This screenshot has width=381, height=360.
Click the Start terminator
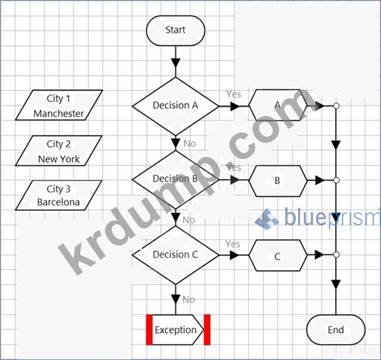[175, 30]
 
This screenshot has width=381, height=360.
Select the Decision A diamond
[175, 105]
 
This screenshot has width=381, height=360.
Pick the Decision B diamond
[175, 179]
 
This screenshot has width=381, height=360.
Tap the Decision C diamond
[175, 254]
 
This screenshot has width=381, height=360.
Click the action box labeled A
[278, 105]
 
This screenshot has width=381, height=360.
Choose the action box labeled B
[278, 181]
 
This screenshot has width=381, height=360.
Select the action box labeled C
[278, 256]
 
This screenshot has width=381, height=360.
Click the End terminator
[336, 330]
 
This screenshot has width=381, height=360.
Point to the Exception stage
[176, 330]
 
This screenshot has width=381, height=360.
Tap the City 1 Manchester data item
[59, 106]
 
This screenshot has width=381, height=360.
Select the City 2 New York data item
[59, 151]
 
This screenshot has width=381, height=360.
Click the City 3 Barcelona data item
[59, 195]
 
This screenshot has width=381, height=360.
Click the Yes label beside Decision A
[234, 94]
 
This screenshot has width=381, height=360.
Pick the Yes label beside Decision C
[233, 244]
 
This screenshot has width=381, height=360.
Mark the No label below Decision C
[189, 299]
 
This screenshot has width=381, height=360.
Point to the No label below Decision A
[190, 144]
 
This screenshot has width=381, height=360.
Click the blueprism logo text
[330, 218]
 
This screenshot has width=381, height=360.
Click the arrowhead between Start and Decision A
[176, 63]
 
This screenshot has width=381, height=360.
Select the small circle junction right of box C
[336, 255]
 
